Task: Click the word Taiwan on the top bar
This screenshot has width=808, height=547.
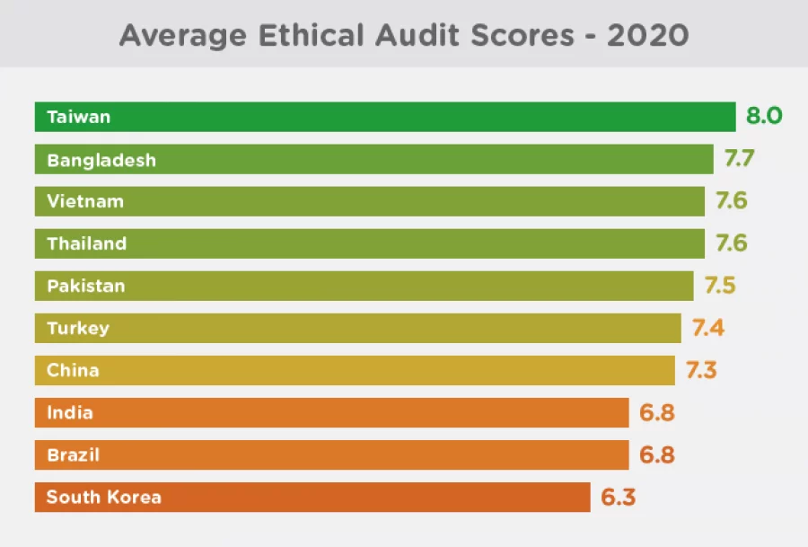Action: [x=79, y=117]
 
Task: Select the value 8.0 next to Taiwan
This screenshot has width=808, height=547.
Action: [x=765, y=117]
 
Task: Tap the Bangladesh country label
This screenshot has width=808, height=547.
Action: [x=101, y=160]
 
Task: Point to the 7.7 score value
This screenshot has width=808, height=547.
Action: [x=740, y=160]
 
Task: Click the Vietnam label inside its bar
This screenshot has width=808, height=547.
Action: [x=85, y=201]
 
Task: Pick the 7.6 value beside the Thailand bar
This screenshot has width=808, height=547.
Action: [x=731, y=243]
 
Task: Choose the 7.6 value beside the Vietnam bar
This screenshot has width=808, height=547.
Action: [x=731, y=201]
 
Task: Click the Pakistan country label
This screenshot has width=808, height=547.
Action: [x=86, y=286]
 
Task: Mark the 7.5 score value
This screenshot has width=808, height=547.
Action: [x=720, y=286]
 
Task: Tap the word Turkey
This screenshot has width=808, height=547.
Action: [x=78, y=328]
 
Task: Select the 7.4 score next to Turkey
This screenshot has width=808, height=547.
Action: [x=708, y=328]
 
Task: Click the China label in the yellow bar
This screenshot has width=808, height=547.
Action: [x=73, y=370]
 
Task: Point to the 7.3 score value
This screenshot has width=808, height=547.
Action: [x=701, y=370]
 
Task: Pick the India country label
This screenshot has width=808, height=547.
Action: [x=70, y=413]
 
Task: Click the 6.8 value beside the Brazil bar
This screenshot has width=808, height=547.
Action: [x=656, y=455]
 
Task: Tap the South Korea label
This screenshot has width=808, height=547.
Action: [x=103, y=497]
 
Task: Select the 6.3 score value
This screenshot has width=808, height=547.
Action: [x=619, y=497]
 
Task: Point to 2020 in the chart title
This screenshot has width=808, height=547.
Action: [x=648, y=35]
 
